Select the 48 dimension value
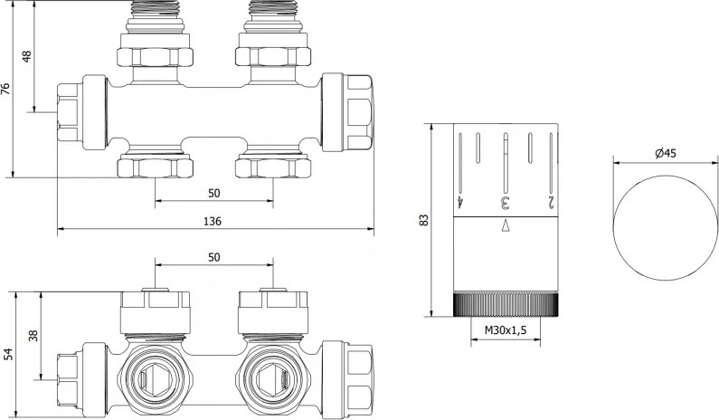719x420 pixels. tap(26, 56)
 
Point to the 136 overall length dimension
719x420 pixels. tap(213, 221)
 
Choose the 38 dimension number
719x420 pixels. tap(33, 336)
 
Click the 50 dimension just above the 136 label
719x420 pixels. tap(214, 193)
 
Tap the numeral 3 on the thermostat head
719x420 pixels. tap(506, 201)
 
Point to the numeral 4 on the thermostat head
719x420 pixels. tap(461, 201)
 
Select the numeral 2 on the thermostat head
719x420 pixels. tap(549, 201)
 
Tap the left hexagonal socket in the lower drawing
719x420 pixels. tap(155, 371)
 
